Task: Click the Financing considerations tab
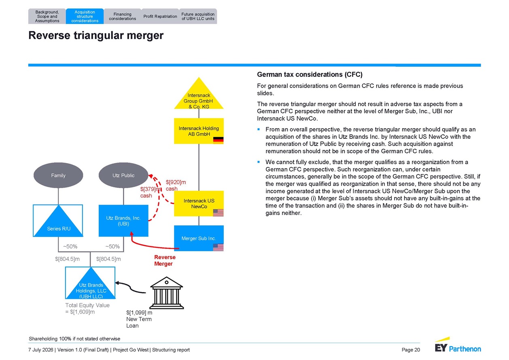tap(122, 16)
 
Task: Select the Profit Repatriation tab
tap(160, 16)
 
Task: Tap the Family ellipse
tap(58, 175)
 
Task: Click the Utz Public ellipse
tap(123, 175)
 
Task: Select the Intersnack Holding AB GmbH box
tap(199, 131)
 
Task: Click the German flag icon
tap(218, 140)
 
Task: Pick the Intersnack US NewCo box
tap(199, 203)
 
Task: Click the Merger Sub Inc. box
tap(199, 238)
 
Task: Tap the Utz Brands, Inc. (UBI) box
tap(123, 221)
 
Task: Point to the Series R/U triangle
tap(58, 224)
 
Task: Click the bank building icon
tap(167, 293)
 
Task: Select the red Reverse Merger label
tap(165, 260)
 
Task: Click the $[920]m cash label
tap(176, 185)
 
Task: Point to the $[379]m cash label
tap(150, 193)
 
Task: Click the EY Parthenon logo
tap(458, 345)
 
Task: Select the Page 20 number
tap(411, 350)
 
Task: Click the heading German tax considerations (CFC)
tap(310, 74)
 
